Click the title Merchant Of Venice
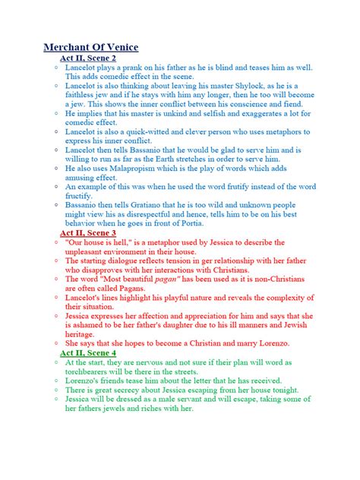point(90,47)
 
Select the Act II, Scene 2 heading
point(88,58)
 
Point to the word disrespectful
point(171,215)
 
